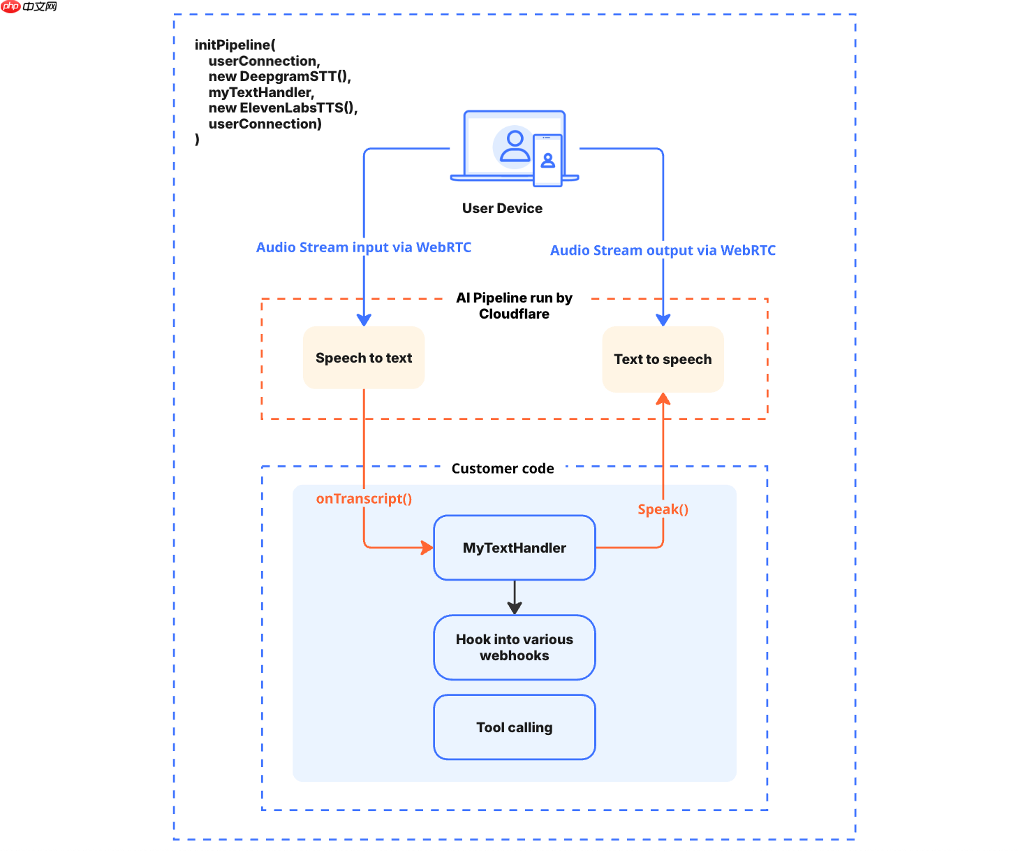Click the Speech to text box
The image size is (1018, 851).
click(x=363, y=358)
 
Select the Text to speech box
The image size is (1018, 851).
click(x=663, y=359)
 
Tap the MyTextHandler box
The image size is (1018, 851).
click(x=514, y=548)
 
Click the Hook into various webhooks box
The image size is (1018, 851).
click(x=514, y=647)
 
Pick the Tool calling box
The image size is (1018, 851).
click(x=514, y=727)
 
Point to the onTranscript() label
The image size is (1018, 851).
click(x=364, y=499)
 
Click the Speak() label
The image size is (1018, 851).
click(x=663, y=509)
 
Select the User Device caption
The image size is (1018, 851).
click(x=502, y=208)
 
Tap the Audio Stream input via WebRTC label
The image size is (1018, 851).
click(x=363, y=247)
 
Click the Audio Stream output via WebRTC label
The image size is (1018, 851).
click(x=663, y=250)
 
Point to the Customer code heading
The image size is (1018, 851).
click(x=503, y=468)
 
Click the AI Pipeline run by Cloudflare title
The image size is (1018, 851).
click(x=514, y=306)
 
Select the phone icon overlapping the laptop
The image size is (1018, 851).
click(x=547, y=161)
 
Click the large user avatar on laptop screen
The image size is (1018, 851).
click(x=515, y=146)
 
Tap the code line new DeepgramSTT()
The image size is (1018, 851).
click(x=279, y=76)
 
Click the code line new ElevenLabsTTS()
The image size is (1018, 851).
click(x=283, y=108)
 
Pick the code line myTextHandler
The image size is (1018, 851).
click(x=261, y=92)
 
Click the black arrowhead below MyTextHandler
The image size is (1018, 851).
click(x=515, y=607)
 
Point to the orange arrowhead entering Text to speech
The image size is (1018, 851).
click(x=663, y=399)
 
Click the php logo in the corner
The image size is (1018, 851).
click(x=11, y=6)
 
